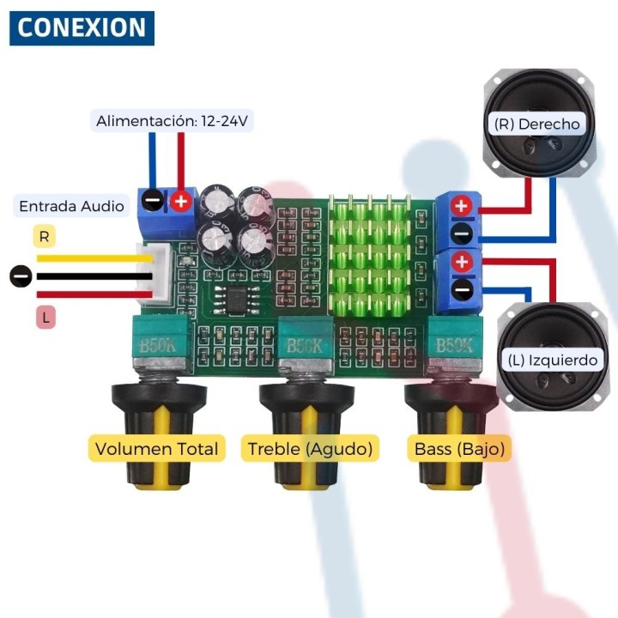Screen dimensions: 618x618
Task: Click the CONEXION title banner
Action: tap(82, 28)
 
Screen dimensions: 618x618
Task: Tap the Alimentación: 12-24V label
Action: tap(172, 121)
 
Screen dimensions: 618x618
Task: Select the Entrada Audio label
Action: tap(71, 206)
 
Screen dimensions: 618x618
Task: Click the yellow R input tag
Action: tap(45, 235)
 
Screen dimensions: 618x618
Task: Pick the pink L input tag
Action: tap(45, 318)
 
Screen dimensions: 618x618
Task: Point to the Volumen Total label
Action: tap(156, 448)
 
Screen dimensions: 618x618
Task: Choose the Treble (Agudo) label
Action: tap(310, 448)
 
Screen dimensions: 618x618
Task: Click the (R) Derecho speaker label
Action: tap(536, 124)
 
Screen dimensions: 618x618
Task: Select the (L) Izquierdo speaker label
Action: tap(552, 360)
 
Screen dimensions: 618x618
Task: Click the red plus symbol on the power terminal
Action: tap(181, 202)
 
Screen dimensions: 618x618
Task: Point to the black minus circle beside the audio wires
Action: tap(21, 276)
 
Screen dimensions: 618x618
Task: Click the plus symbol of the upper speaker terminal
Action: tap(462, 206)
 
